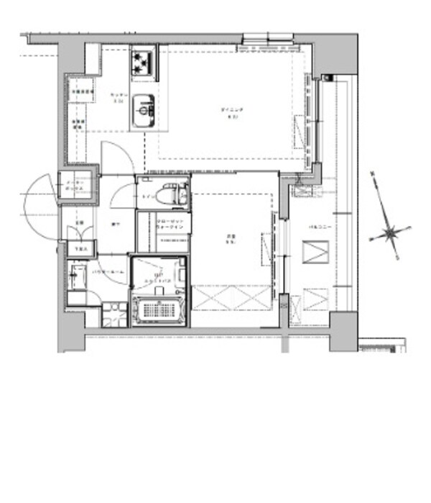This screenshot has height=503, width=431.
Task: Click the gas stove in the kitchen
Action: tap(144, 63)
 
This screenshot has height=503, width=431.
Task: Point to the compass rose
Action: tap(391, 232)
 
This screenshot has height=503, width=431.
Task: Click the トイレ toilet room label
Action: tap(148, 196)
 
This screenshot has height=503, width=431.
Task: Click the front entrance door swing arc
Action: tap(40, 209)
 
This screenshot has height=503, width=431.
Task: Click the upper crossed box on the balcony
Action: tap(315, 253)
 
